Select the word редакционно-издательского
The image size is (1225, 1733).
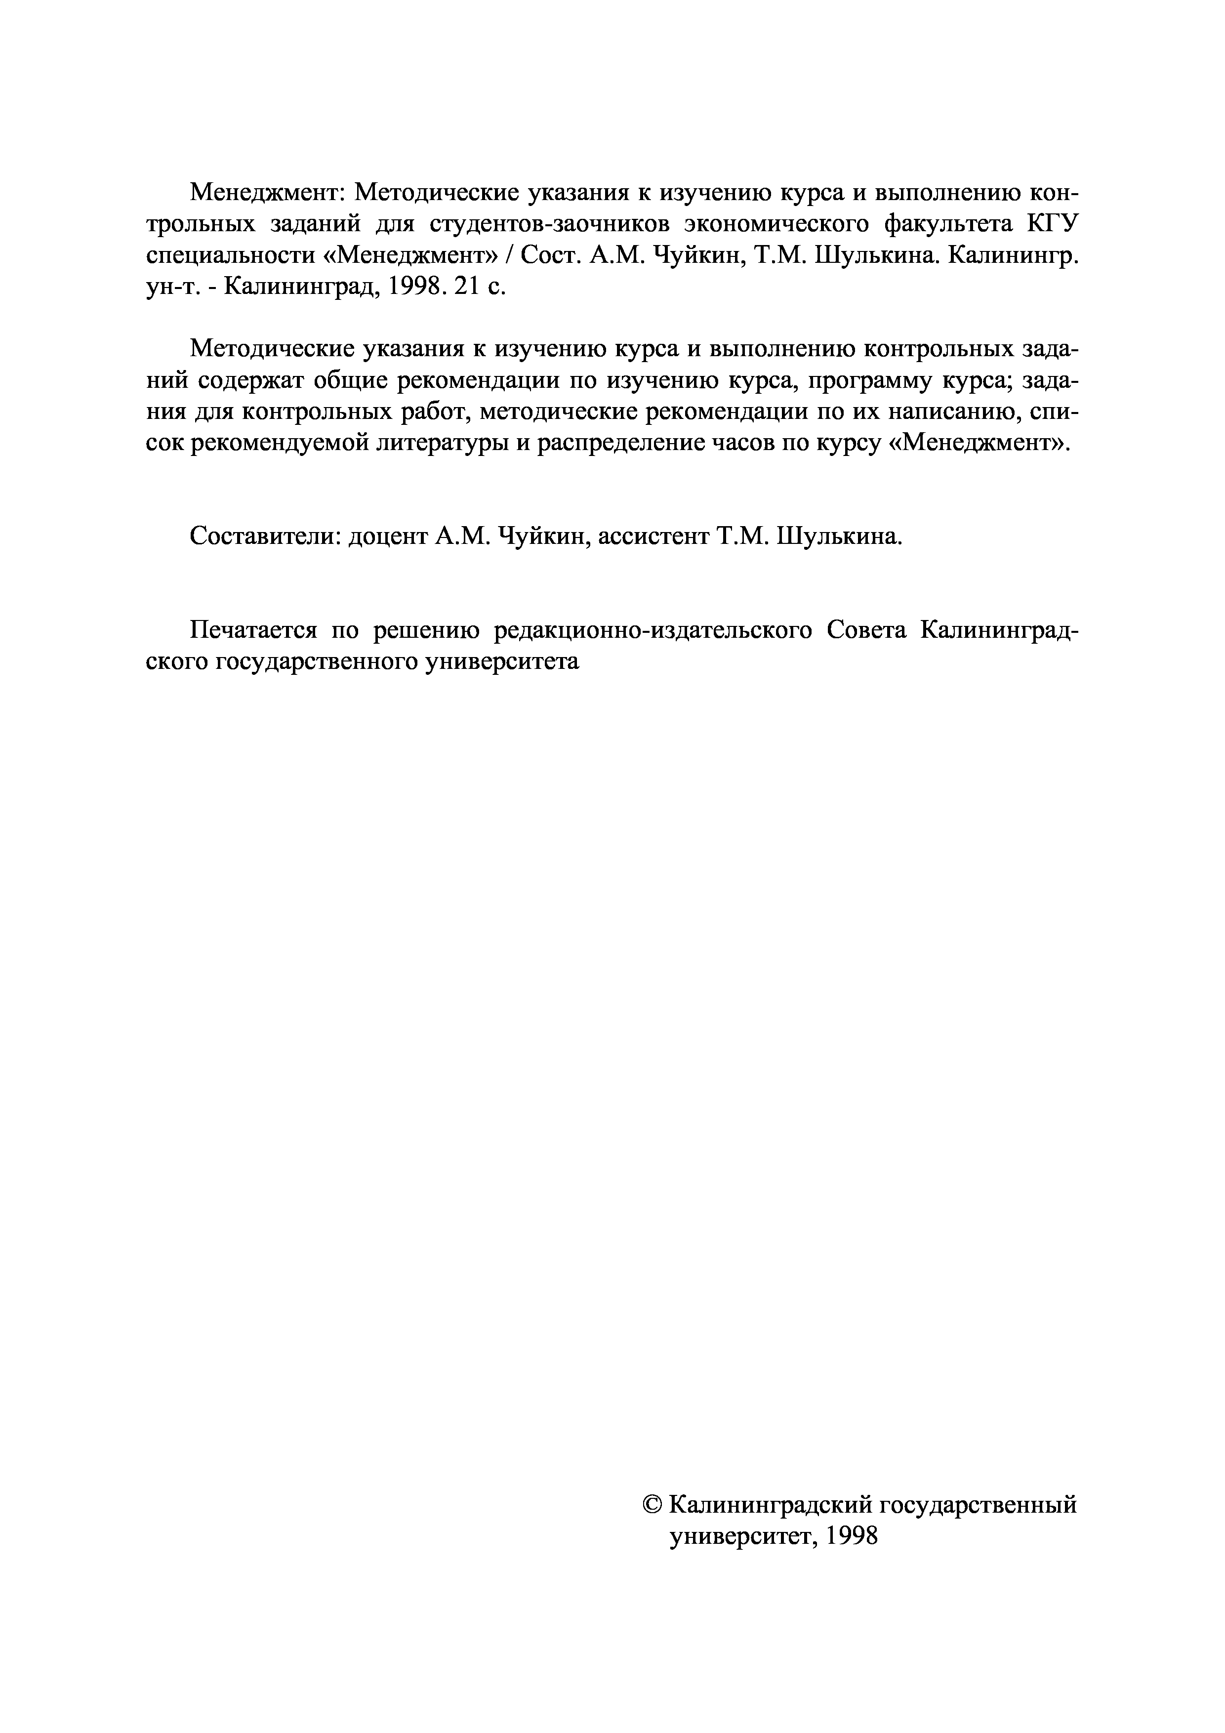653,630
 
